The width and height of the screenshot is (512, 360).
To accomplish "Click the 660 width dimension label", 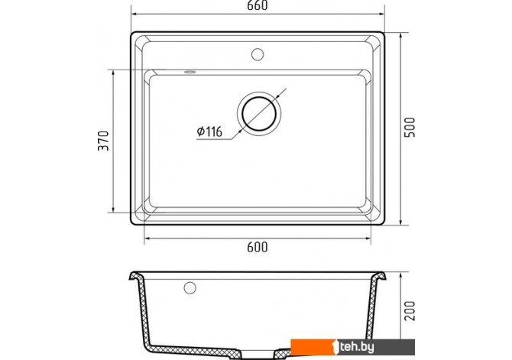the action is (x=258, y=5).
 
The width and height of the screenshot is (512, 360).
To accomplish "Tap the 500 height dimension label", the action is (x=410, y=128).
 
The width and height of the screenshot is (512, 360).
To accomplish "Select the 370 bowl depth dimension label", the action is (x=103, y=141).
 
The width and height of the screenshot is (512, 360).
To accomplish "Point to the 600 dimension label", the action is (x=258, y=248).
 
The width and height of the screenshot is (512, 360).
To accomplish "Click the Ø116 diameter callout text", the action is (x=209, y=131).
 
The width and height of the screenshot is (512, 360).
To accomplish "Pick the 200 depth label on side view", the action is (x=410, y=310).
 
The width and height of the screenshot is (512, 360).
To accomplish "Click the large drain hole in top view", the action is (x=259, y=114).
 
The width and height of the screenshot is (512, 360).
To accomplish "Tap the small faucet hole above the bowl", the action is (x=258, y=54).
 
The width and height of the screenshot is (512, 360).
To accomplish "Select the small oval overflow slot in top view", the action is (x=190, y=72).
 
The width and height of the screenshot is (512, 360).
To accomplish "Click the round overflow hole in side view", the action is (x=190, y=288).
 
